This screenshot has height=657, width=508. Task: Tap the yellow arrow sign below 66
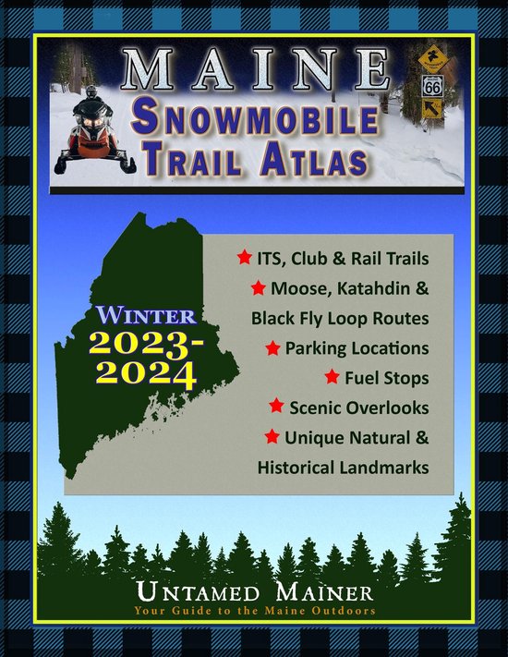coord(431,111)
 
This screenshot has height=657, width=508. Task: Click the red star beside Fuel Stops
coord(333,377)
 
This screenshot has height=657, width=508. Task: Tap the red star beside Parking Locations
coord(273,347)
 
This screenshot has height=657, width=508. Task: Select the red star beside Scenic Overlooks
coord(275,407)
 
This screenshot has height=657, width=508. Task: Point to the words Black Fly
coord(286,318)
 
